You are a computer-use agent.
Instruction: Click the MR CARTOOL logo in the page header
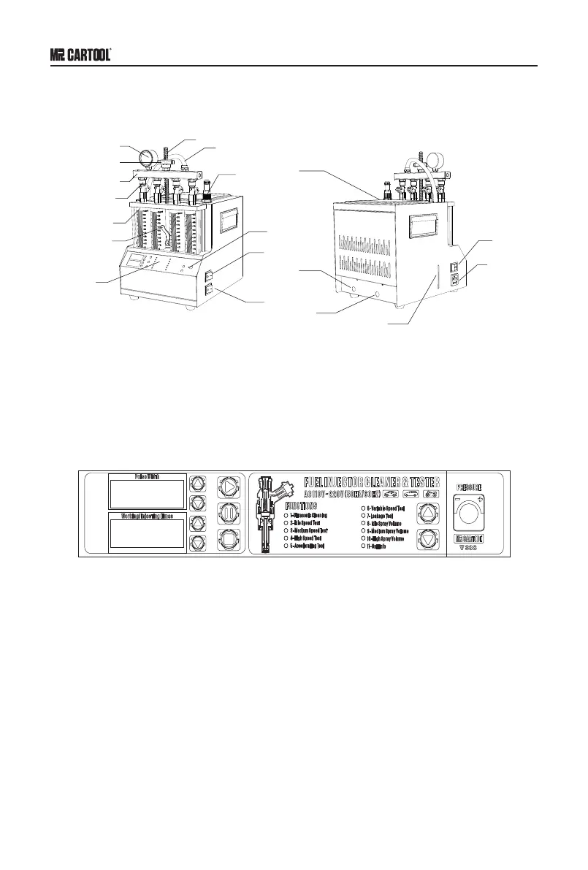click(80, 55)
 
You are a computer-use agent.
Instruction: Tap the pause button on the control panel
click(229, 513)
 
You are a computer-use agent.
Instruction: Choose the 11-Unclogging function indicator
click(364, 546)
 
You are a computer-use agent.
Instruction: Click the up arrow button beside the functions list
click(429, 513)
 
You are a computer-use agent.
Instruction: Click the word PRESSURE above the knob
click(471, 486)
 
